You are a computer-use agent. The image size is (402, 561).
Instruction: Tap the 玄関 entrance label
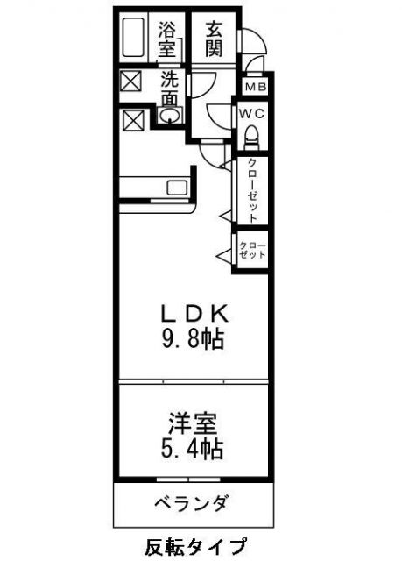pyautogui.click(x=214, y=39)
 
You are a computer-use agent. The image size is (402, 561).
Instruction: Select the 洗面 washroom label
pyautogui.click(x=170, y=88)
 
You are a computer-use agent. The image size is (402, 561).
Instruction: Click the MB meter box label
pyautogui.click(x=255, y=87)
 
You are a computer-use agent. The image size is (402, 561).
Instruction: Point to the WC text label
pyautogui.click(x=250, y=113)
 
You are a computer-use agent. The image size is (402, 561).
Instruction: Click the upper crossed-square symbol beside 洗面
pyautogui.click(x=130, y=82)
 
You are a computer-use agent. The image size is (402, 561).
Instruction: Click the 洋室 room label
pyautogui.click(x=192, y=424)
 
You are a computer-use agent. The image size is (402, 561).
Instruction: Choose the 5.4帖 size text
pyautogui.click(x=192, y=451)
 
